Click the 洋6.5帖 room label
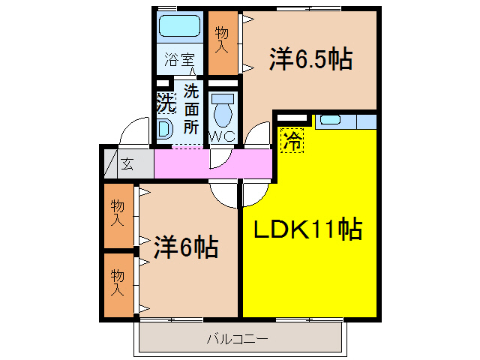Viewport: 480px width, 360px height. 310,59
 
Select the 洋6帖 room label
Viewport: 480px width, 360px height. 187,247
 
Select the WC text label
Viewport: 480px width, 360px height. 223,136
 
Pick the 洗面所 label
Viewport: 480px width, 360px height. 192,109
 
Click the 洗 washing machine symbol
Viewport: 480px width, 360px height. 165,103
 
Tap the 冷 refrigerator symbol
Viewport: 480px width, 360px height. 293,139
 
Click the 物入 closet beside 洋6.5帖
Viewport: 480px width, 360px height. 221,41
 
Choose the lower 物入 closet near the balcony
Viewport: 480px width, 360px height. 117,282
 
